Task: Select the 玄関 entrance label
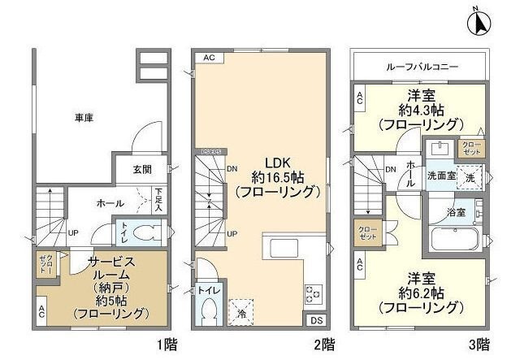click(144, 170)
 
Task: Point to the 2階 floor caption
click(324, 344)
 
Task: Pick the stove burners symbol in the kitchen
click(312, 292)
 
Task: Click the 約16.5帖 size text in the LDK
click(264, 177)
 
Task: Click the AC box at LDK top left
click(209, 58)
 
